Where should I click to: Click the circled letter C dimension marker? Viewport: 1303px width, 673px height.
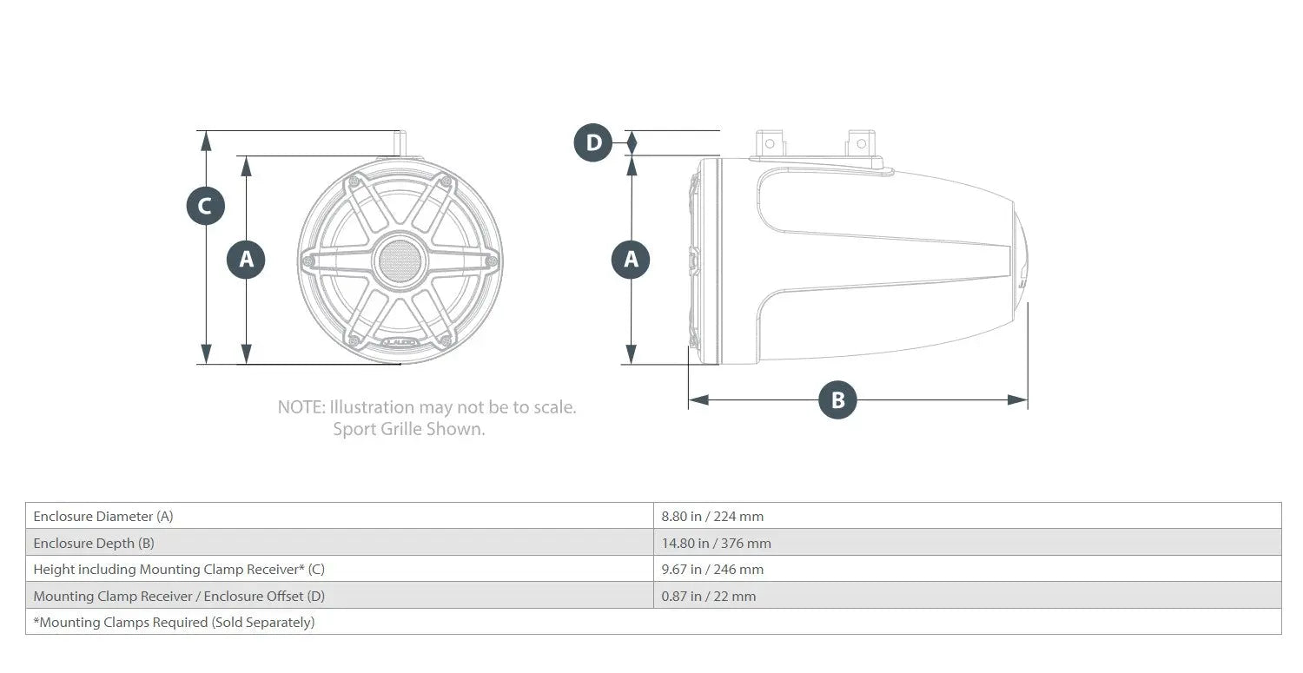205,206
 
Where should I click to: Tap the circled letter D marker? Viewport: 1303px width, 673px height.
592,142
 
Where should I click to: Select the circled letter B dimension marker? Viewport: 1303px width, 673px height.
837,399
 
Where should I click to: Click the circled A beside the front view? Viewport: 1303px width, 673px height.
246,260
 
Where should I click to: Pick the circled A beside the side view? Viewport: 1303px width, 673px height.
631,260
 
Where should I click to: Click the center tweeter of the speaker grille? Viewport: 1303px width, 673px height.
400,261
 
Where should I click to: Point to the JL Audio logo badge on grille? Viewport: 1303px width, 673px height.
400,341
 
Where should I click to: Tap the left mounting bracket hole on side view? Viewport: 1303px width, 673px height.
770,143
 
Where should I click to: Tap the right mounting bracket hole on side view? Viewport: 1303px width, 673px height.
862,143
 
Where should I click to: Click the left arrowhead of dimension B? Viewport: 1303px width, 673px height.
698,399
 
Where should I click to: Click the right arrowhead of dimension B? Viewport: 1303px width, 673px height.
1017,399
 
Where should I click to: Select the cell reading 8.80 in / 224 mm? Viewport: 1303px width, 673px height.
712,516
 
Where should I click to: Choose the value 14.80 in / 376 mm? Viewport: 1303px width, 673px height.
716,543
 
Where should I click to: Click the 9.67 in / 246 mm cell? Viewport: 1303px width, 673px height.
712,569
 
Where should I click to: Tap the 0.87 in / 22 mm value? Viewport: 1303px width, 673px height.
709,596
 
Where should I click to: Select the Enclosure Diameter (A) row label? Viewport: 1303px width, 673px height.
103,516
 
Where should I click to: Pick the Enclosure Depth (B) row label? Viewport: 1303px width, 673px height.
94,543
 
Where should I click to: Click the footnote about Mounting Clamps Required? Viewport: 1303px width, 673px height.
174,622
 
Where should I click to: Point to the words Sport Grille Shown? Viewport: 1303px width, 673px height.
408,429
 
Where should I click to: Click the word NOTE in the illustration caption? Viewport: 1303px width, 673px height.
301,406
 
